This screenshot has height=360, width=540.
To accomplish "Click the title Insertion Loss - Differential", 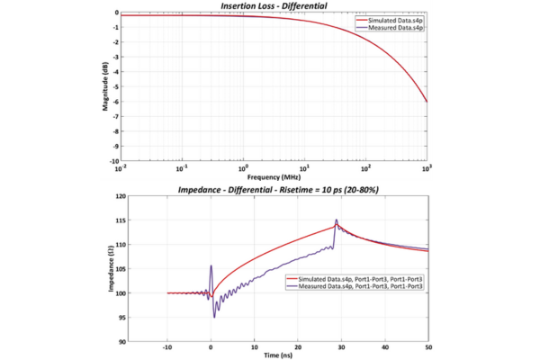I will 273,6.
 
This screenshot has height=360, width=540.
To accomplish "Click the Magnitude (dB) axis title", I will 104,86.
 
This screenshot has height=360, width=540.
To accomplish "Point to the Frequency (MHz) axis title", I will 273,175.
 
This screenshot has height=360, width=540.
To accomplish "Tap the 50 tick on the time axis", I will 427,348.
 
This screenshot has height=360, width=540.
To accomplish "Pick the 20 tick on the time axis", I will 298,348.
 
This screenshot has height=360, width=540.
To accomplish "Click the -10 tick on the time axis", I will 166,348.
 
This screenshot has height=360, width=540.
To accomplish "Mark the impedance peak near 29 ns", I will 337,220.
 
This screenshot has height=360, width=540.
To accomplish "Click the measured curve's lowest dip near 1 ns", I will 214,317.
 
